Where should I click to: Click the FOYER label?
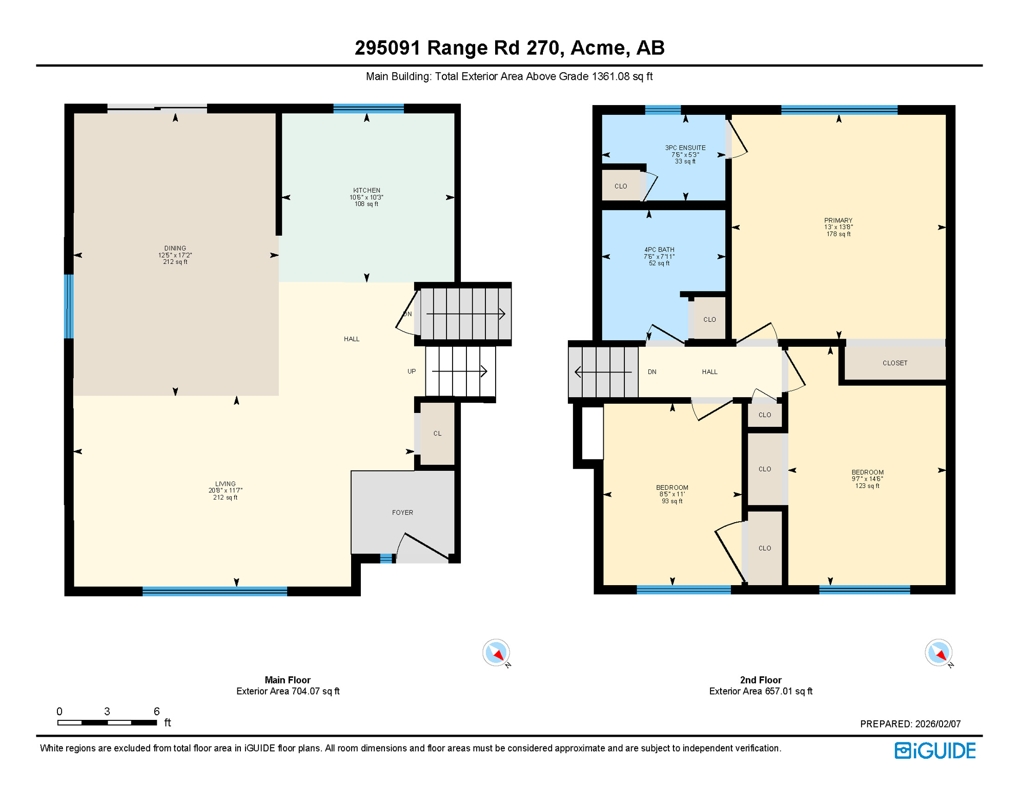[402, 512]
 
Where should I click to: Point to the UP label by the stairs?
[412, 371]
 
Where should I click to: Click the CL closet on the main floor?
[437, 433]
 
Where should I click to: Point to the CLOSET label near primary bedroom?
[894, 363]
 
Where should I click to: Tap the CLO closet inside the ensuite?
[621, 186]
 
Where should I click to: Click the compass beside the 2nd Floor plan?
[938, 653]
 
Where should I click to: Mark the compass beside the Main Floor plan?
[496, 653]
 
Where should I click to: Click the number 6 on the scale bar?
[156, 711]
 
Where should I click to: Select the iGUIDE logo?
[935, 751]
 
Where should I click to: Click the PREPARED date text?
[910, 724]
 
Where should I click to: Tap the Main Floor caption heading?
[288, 680]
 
